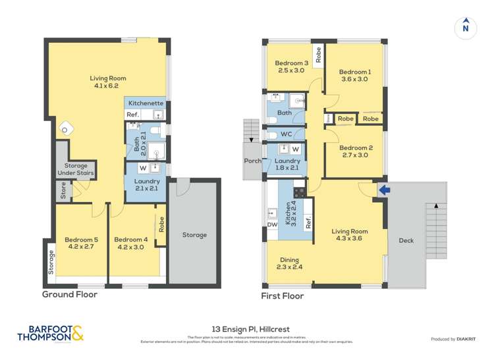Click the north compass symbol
pos(466,27)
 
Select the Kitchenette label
pos(146,103)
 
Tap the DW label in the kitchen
pos(271,224)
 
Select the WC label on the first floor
pos(286,135)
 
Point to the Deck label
pos(406,241)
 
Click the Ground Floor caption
pos(70,295)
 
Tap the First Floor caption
pos(283,296)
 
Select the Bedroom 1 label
pos(355,75)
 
